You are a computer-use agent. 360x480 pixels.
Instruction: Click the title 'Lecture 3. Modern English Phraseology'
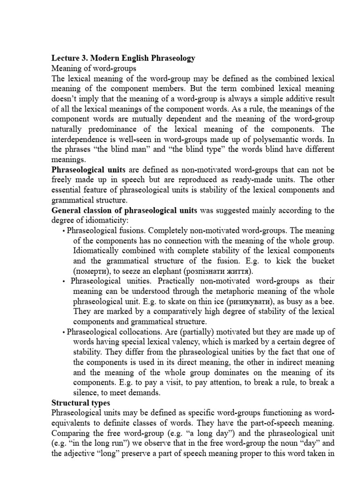[123, 58]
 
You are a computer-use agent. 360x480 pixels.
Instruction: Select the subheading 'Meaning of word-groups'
[94, 68]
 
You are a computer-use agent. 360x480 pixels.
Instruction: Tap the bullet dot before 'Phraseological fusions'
[64, 231]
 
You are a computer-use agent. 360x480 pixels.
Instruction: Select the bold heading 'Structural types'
[81, 403]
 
